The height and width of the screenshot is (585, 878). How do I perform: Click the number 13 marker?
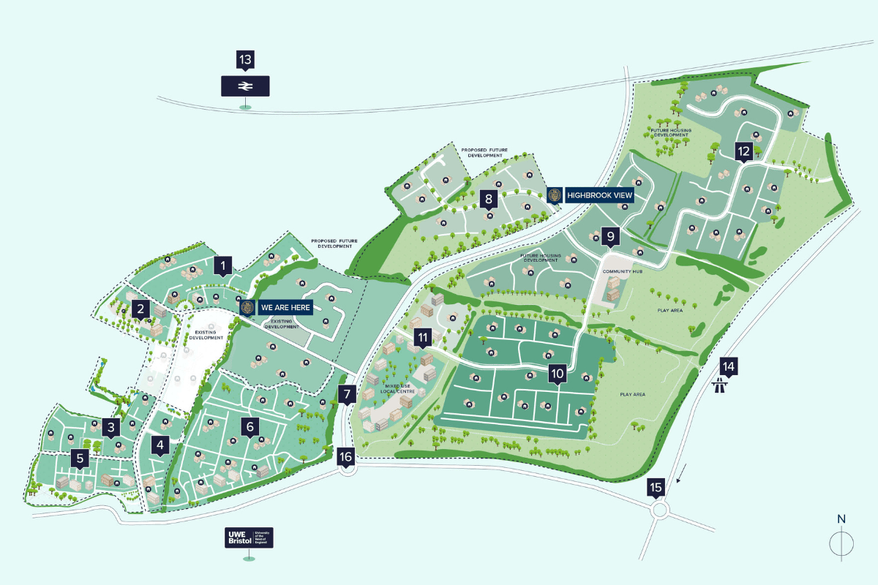pos(245,59)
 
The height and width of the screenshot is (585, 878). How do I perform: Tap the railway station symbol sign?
pos(245,86)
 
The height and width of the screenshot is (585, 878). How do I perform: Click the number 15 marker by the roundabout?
pos(656,487)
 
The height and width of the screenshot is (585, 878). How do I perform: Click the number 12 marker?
pos(743,151)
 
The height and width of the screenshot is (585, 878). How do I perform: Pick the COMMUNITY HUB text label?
pos(617,271)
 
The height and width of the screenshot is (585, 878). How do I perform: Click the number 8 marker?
pos(489,198)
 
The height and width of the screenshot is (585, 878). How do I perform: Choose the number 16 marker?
pos(346,456)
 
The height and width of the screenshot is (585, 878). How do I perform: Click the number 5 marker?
pos(80,458)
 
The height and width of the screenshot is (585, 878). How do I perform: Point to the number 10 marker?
pos(558,374)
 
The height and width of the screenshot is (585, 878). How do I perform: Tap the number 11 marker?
pos(423,337)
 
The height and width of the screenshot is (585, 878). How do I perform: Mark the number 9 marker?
pos(610,235)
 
